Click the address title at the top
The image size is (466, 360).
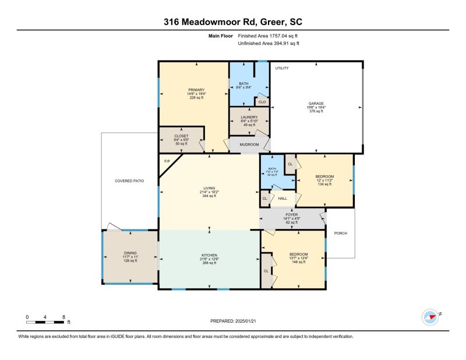233,22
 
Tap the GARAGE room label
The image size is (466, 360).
316,103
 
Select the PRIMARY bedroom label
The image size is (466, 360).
196,90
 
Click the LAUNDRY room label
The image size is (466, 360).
249,117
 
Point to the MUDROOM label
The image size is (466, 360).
249,144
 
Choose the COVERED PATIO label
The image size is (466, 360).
129,181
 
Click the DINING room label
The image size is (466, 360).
130,253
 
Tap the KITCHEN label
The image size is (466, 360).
209,255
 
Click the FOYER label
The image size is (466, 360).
291,215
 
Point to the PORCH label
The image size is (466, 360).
341,234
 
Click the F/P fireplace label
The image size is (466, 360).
167,161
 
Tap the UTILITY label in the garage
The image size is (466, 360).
282,68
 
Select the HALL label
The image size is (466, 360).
283,199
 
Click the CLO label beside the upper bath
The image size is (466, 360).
262,102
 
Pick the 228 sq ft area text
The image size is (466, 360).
196,98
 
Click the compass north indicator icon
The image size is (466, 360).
430,316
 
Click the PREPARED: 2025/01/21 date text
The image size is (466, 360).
233,321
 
